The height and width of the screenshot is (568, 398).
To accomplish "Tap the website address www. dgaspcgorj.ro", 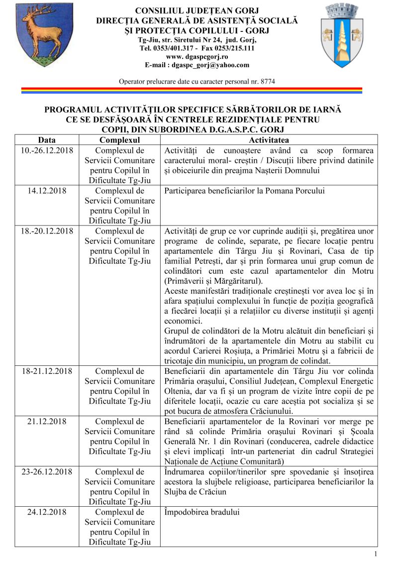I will tap(197, 57).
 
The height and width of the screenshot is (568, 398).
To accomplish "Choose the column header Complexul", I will tap(119, 140).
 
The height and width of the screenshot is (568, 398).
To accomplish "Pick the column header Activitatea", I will tap(269, 140).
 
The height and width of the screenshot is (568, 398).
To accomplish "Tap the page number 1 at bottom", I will tap(375, 555).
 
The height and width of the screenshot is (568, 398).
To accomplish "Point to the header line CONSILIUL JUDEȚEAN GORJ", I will tap(197, 11).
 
